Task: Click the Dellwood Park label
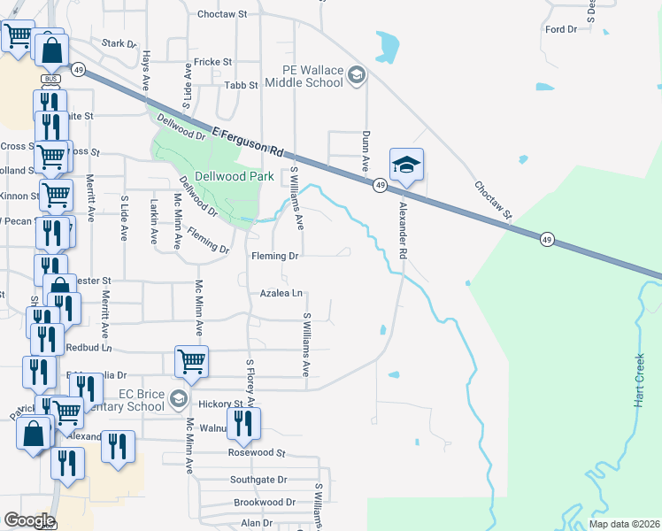click(210, 175)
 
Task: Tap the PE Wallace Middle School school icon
click(356, 74)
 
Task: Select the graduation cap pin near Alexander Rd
click(405, 165)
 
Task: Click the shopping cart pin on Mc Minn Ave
click(192, 360)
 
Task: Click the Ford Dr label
click(561, 29)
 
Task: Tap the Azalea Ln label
click(281, 293)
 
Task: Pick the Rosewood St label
click(257, 452)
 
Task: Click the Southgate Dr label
click(258, 480)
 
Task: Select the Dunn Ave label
click(365, 151)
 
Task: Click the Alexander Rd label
click(403, 229)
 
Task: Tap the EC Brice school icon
click(179, 398)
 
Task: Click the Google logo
click(28, 519)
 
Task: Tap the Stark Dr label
click(119, 42)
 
